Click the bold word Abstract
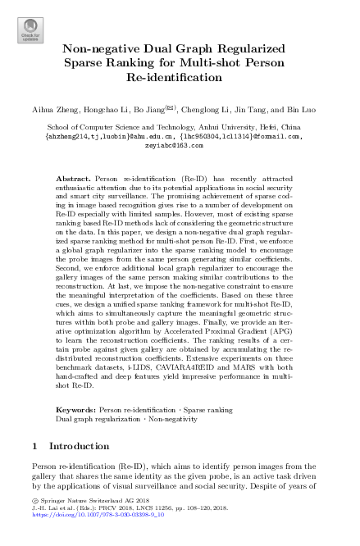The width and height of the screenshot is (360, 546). [x=74, y=178]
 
